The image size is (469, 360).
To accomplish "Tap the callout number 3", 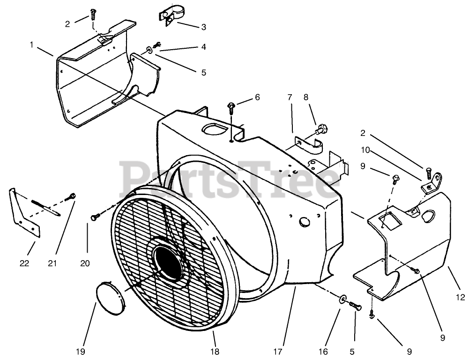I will point(203,27).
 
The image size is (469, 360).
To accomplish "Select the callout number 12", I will point(460,297).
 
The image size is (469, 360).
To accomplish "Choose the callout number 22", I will point(24,263).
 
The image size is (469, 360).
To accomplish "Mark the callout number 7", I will point(290,97).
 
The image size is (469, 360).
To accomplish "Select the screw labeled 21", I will point(71,197).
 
